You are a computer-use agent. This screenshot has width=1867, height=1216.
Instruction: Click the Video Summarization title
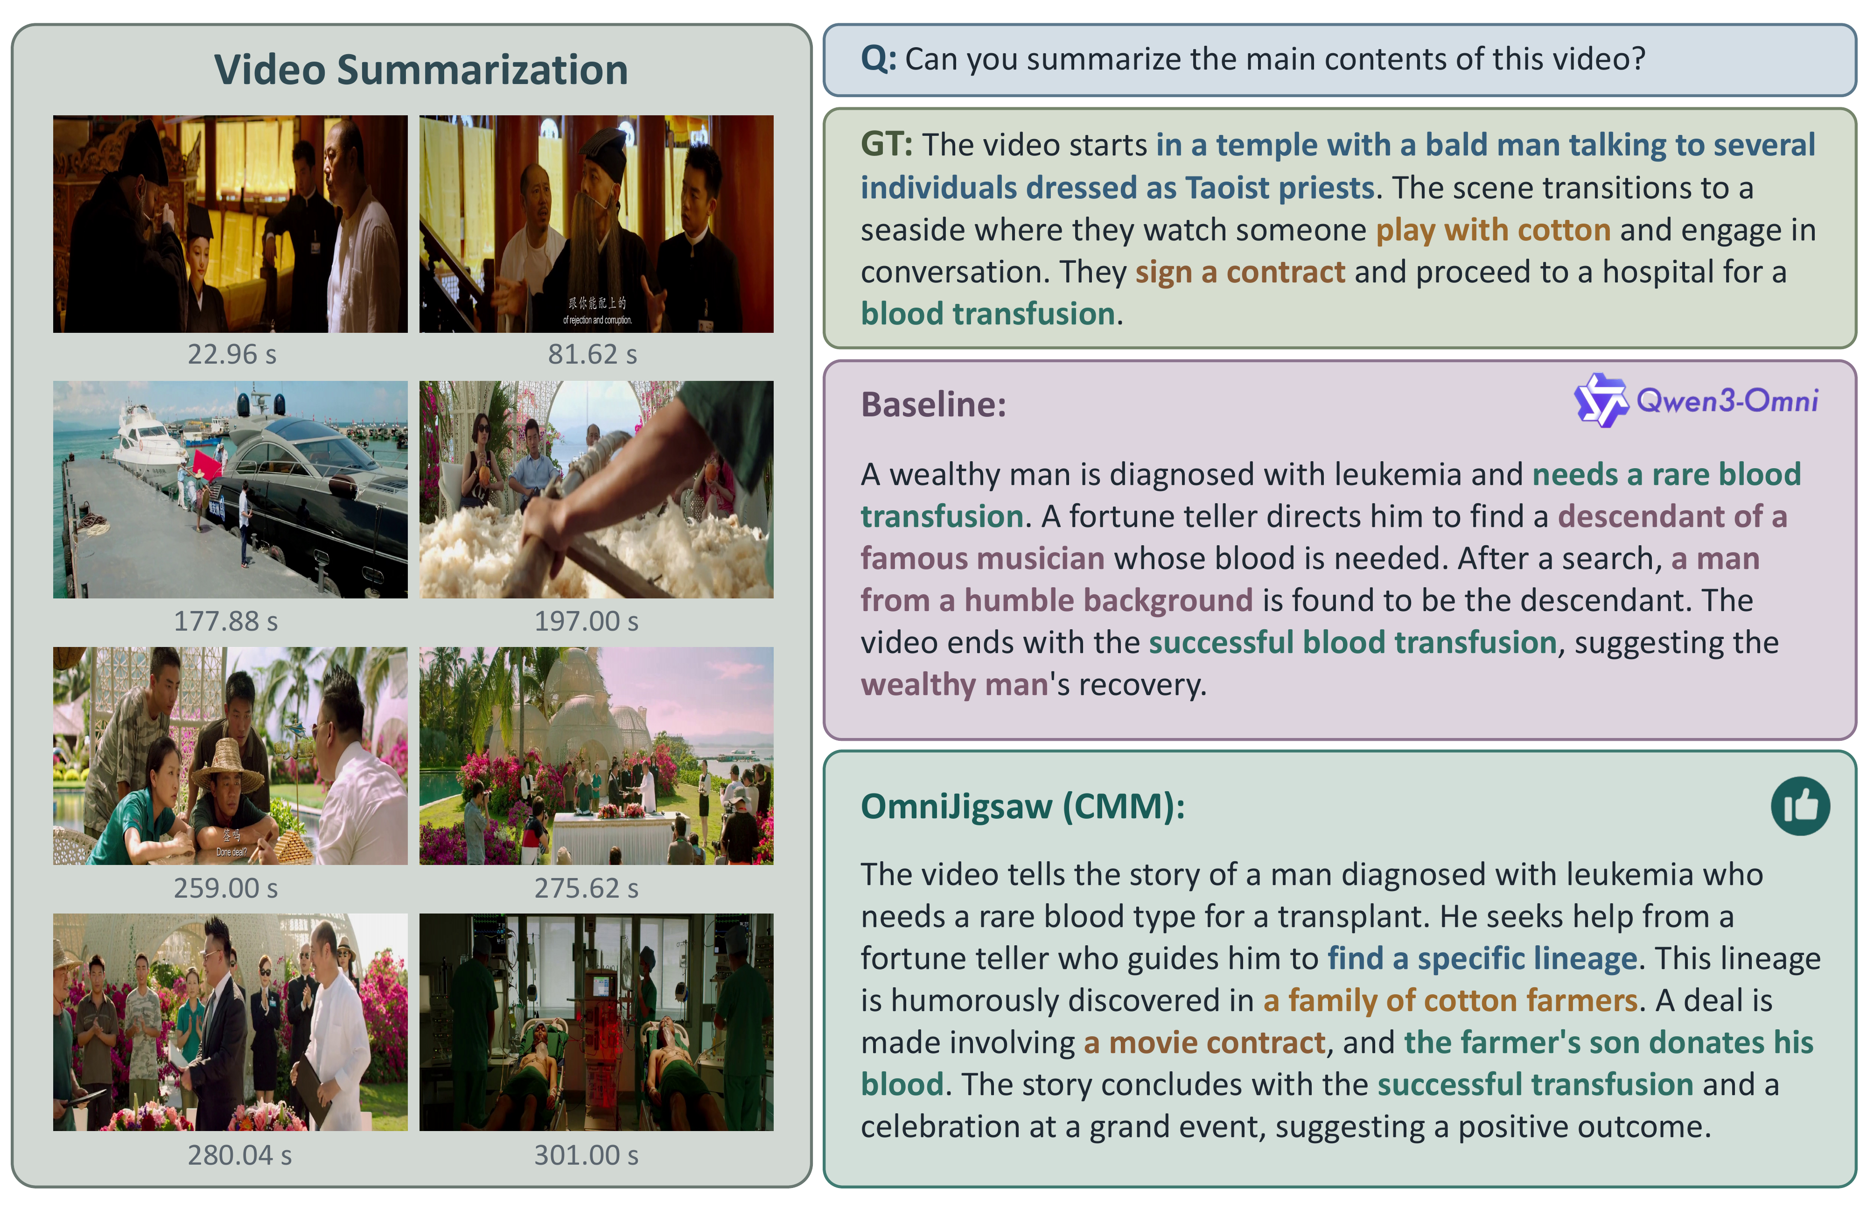(x=421, y=70)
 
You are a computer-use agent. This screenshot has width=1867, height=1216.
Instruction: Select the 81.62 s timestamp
(x=592, y=355)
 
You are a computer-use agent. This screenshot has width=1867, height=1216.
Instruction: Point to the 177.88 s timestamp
(x=226, y=621)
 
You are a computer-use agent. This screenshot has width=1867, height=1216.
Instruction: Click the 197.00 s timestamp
(x=586, y=621)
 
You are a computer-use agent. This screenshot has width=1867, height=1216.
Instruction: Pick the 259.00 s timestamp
(x=226, y=888)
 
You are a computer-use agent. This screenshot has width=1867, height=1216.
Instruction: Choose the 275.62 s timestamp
(x=586, y=888)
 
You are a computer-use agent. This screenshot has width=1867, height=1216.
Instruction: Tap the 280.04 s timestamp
(x=239, y=1155)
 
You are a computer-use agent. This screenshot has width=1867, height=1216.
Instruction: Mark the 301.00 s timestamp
(x=586, y=1155)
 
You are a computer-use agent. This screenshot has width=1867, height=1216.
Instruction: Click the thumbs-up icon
(x=1800, y=806)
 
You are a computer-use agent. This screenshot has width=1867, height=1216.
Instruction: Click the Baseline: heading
(x=933, y=405)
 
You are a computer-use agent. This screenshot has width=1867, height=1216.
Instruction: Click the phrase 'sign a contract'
(x=1240, y=272)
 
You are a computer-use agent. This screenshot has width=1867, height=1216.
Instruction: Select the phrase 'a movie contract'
(x=1204, y=1043)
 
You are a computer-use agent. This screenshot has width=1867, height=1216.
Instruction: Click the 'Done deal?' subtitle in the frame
(x=231, y=852)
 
